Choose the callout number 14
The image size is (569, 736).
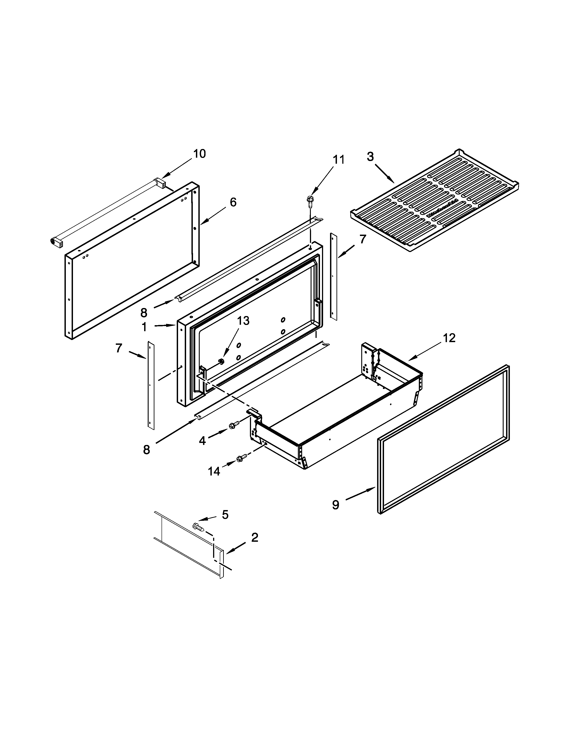[214, 471]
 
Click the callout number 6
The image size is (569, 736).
[233, 202]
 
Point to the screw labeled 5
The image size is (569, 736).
[197, 526]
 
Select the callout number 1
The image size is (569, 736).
[144, 327]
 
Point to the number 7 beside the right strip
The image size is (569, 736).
[362, 239]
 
